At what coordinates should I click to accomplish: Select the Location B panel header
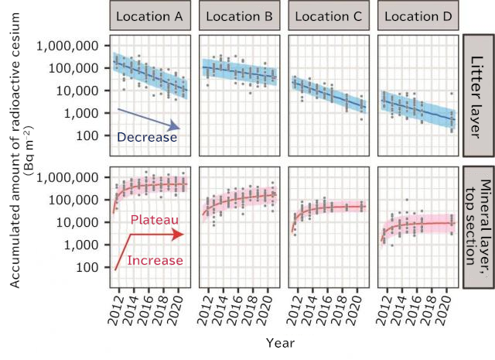(238, 15)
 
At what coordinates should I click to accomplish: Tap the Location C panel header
(327, 15)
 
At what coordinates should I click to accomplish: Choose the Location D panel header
(416, 15)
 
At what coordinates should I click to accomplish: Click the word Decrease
(147, 137)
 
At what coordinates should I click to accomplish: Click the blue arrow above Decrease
(147, 118)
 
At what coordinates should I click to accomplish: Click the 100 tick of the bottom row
(88, 267)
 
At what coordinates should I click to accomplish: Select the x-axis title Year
(279, 341)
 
